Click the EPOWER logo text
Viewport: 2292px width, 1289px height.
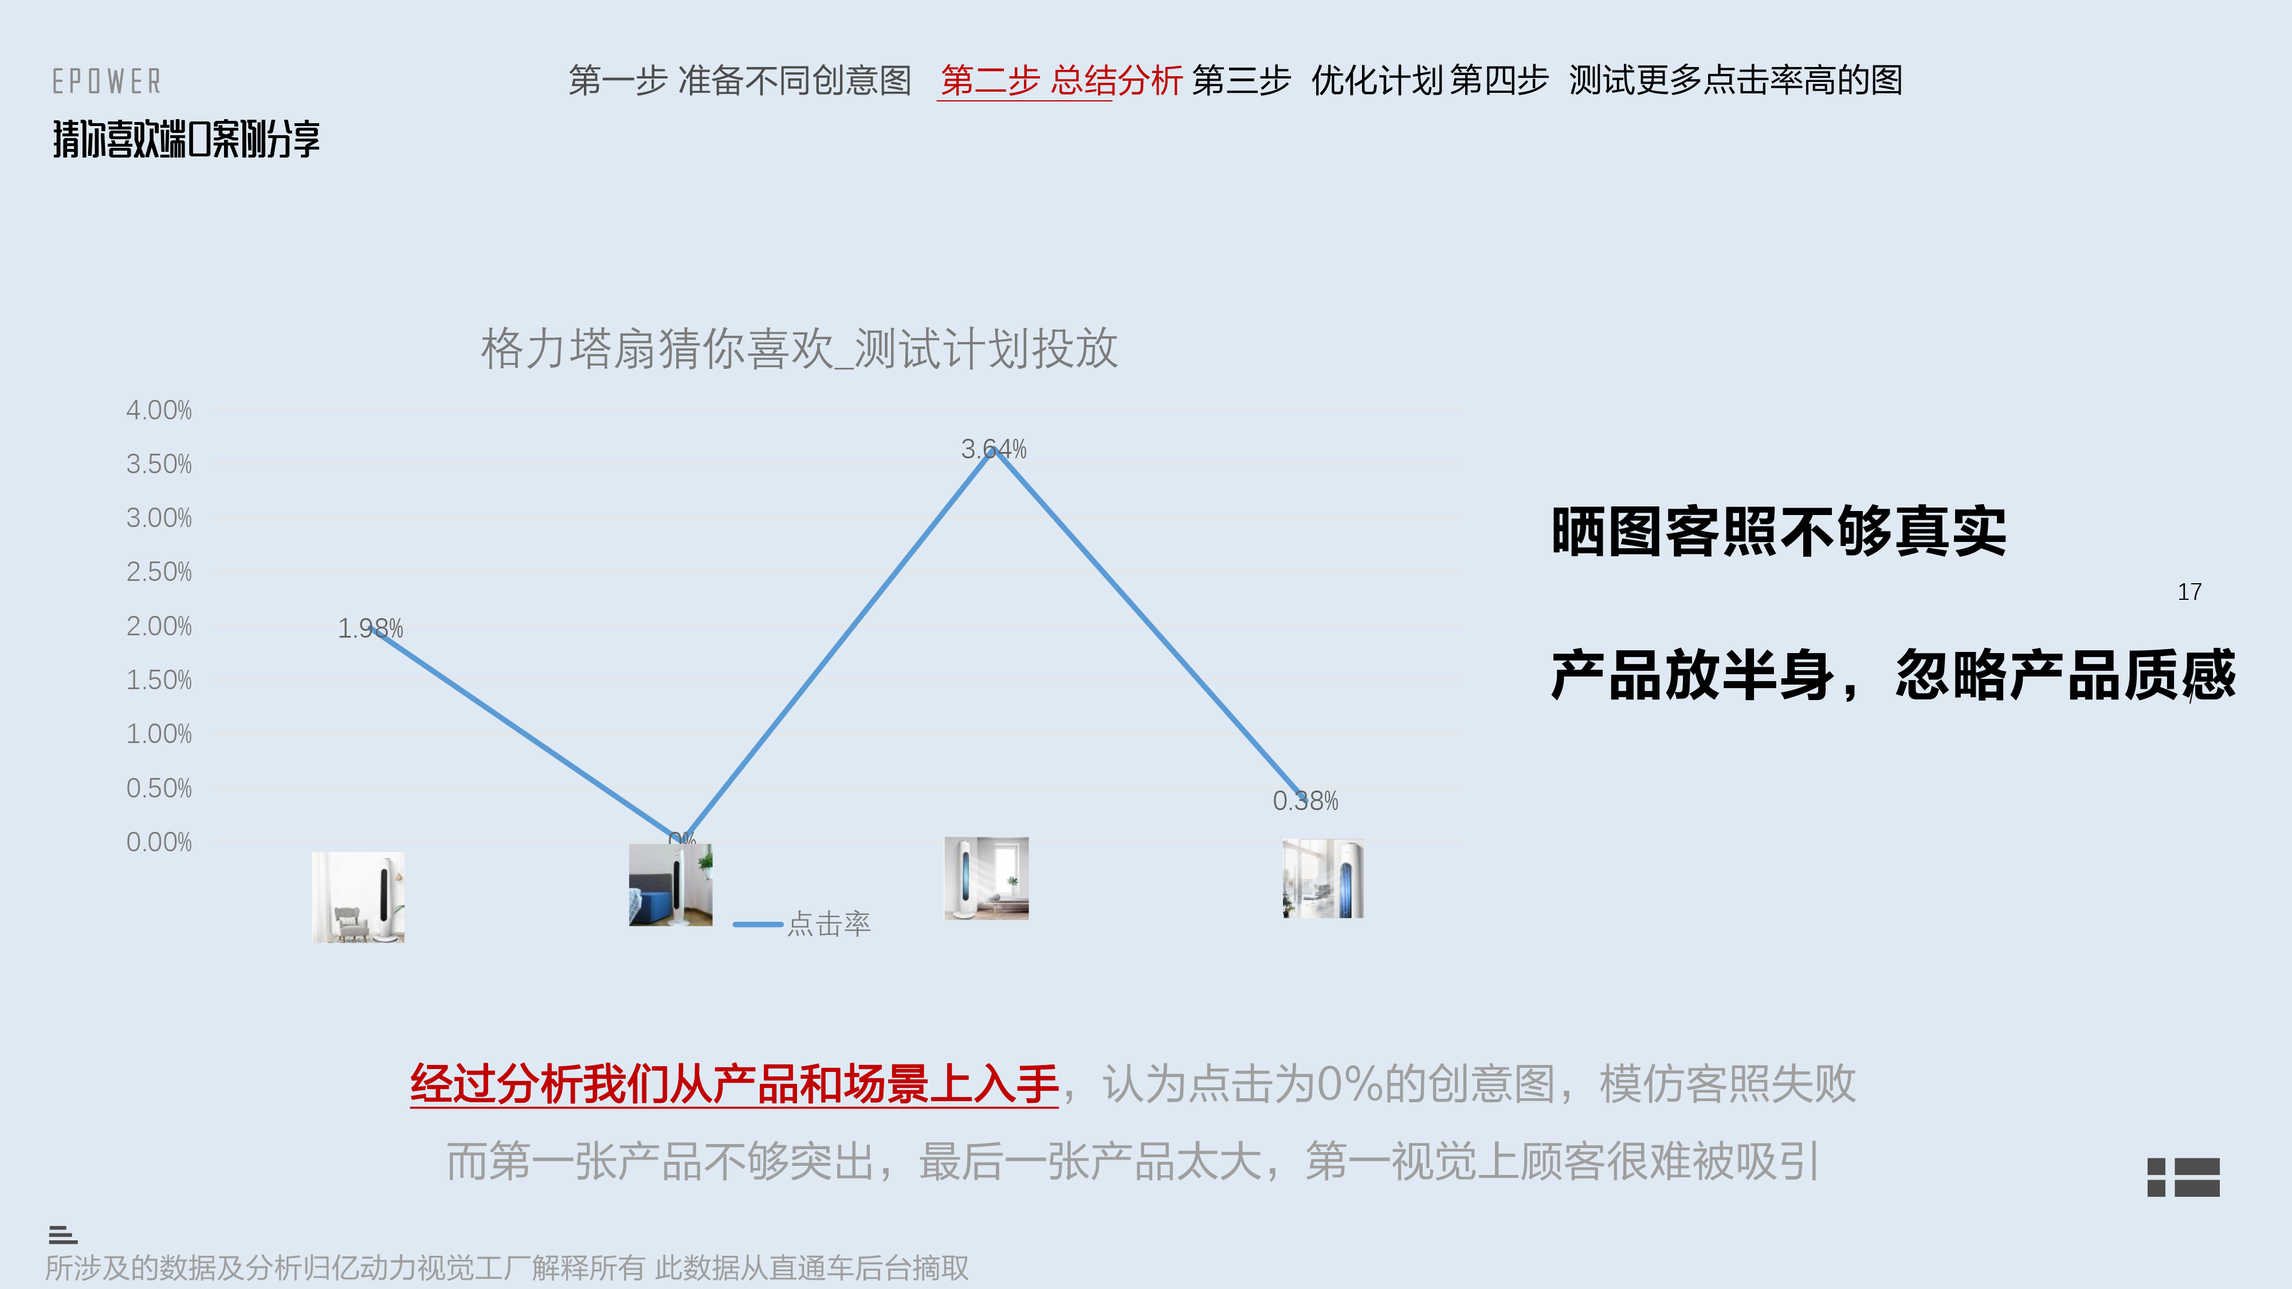click(107, 82)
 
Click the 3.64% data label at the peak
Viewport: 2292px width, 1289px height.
click(993, 449)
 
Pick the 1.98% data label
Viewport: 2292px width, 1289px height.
click(370, 629)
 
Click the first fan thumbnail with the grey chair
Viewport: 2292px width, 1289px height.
click(358, 897)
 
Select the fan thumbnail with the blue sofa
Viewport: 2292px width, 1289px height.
click(670, 885)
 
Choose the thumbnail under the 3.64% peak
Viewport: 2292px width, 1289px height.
click(986, 878)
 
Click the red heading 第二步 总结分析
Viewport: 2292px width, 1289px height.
click(1061, 81)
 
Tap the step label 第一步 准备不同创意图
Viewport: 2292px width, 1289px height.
click(739, 81)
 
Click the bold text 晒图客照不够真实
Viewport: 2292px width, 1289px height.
click(1777, 532)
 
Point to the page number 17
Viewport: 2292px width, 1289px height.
click(2189, 592)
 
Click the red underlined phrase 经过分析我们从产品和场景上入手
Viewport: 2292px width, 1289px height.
click(734, 1084)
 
